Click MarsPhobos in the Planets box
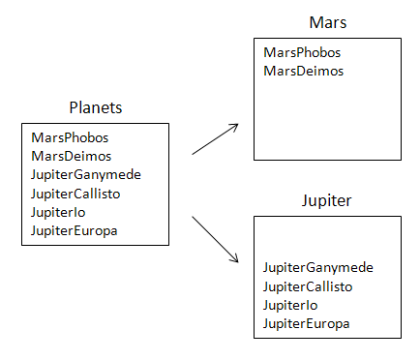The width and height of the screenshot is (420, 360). click(x=70, y=138)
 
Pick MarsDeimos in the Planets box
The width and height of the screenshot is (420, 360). click(x=71, y=156)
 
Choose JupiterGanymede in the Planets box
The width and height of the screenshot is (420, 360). click(x=86, y=175)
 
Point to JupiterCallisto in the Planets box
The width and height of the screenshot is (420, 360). click(x=81, y=194)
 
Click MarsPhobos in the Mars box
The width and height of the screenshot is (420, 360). click(x=302, y=52)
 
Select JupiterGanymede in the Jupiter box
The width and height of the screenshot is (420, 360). click(x=318, y=268)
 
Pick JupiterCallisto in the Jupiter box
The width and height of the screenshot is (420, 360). click(x=314, y=286)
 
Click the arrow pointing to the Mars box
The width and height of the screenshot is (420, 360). click(x=216, y=138)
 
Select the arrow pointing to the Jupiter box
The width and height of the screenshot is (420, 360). click(x=216, y=239)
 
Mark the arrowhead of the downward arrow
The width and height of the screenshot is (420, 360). click(x=234, y=258)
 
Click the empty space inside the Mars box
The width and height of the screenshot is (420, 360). click(x=327, y=121)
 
